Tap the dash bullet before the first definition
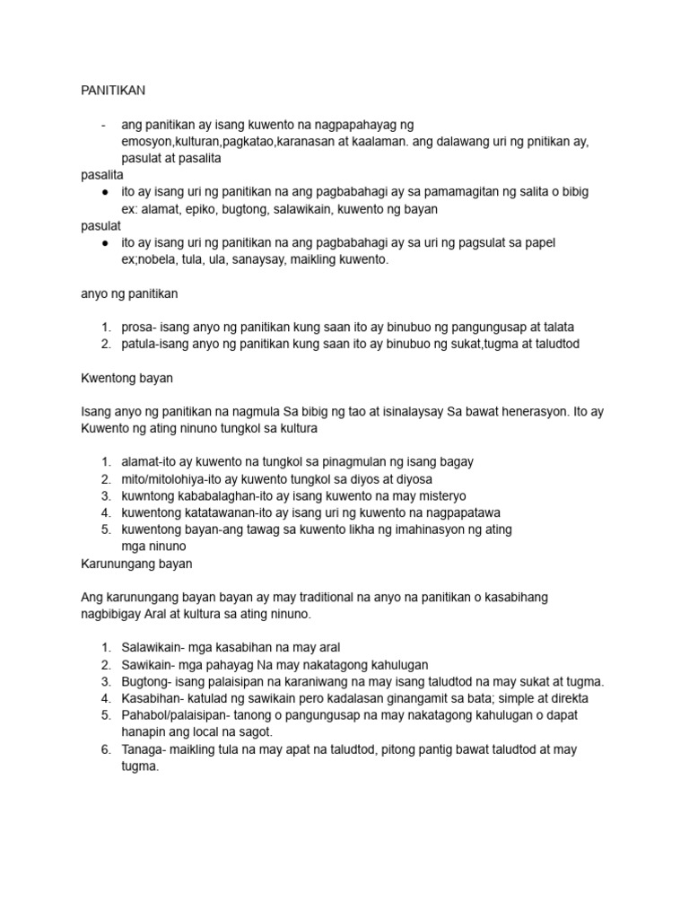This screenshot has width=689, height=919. tap(106, 125)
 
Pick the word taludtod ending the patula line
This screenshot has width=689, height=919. tap(555, 344)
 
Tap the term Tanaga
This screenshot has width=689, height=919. tap(144, 749)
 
